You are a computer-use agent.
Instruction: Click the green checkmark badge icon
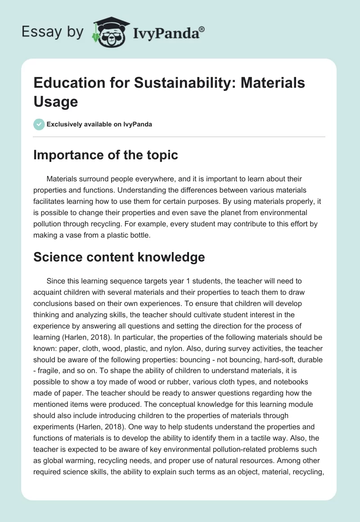pos(39,124)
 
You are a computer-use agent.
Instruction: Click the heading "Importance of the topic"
pos(106,155)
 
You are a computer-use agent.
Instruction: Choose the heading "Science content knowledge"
pos(120,257)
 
